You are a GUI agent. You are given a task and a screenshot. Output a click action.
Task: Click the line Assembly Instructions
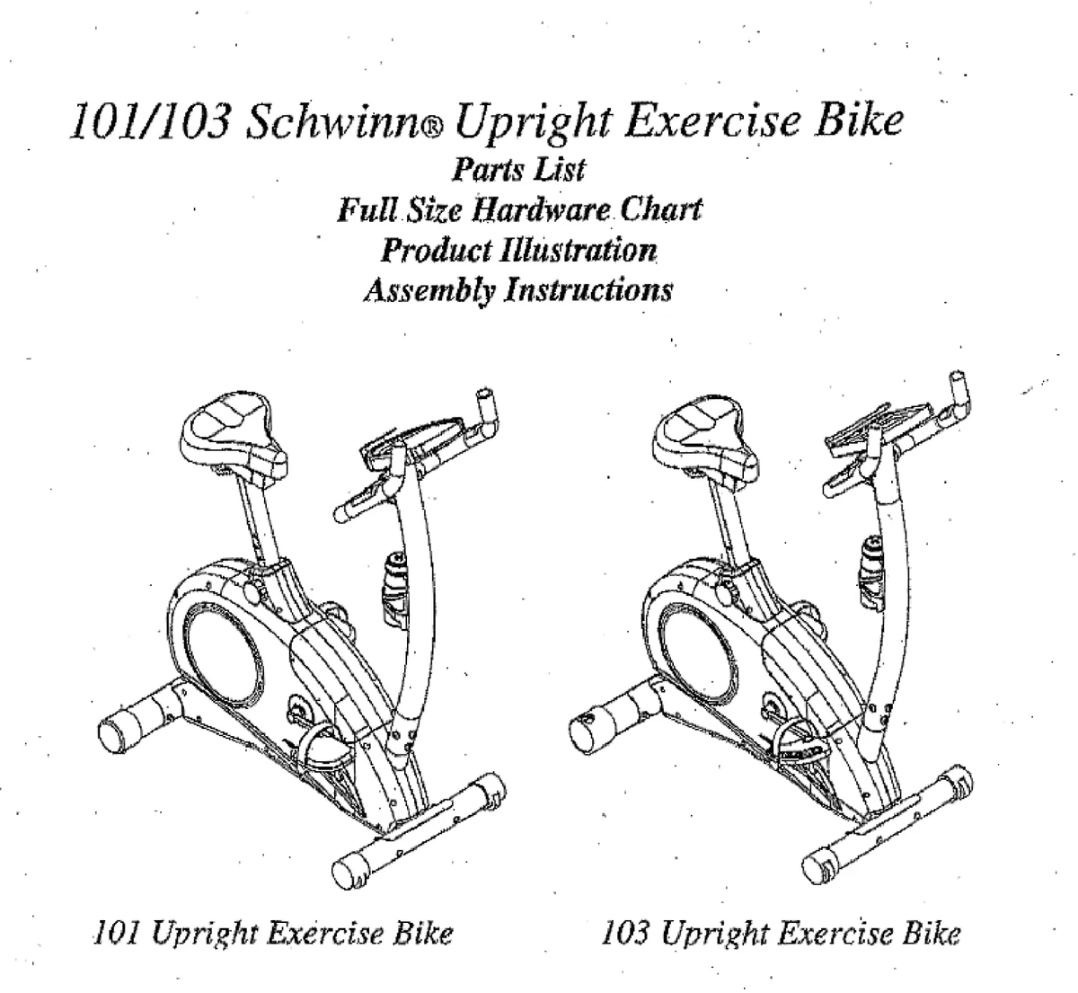[517, 290]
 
